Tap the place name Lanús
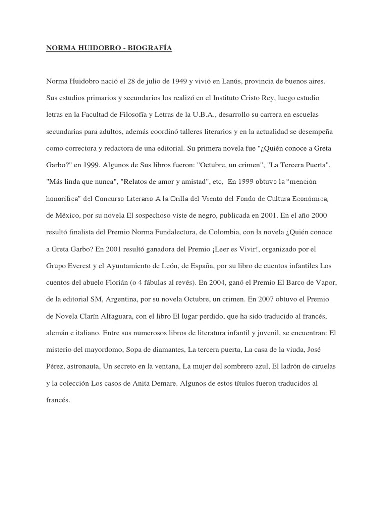pyautogui.click(x=238, y=80)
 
